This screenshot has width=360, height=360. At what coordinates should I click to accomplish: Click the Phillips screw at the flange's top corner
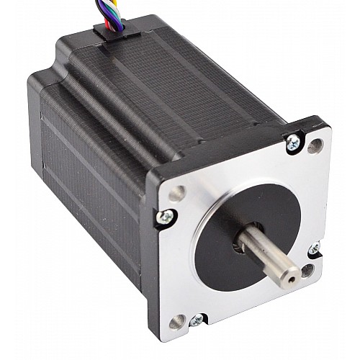(292, 141)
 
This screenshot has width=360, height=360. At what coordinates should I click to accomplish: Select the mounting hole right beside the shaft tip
(308, 271)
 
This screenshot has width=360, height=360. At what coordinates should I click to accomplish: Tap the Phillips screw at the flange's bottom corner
(199, 320)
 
